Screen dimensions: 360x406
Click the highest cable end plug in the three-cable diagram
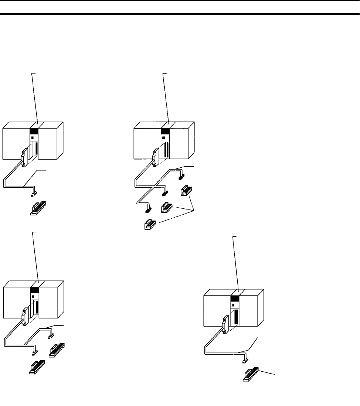[x=181, y=177]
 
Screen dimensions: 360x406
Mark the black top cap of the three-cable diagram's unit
[x=165, y=131]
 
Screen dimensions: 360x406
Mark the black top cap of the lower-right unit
[x=235, y=298]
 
